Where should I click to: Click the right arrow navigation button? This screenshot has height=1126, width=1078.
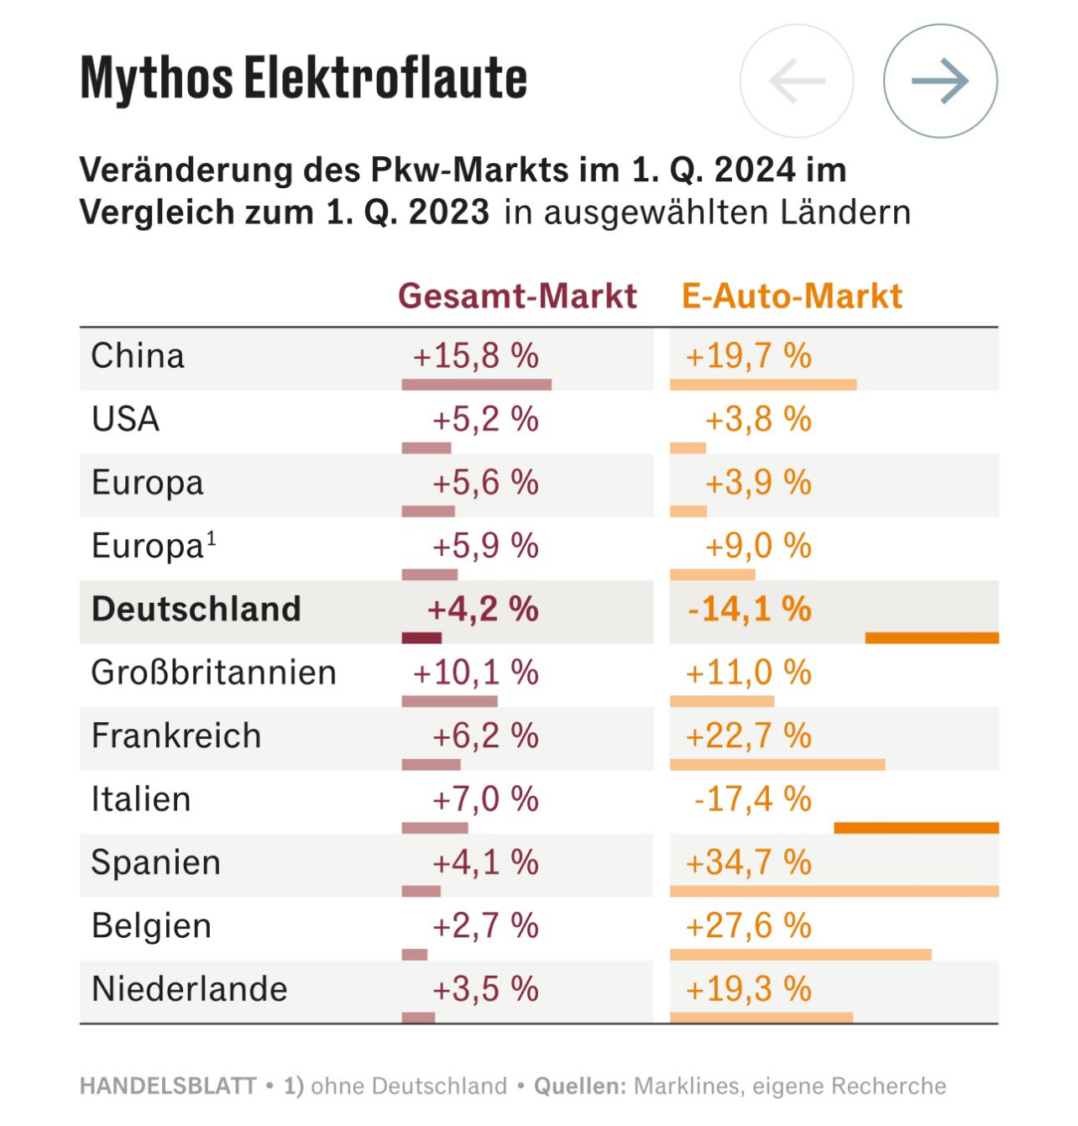pyautogui.click(x=940, y=81)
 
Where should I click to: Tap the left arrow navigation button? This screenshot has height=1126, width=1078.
pyautogui.click(x=797, y=81)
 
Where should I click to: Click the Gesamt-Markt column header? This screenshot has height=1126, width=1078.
pyautogui.click(x=517, y=296)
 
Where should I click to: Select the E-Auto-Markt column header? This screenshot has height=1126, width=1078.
pyautogui.click(x=792, y=296)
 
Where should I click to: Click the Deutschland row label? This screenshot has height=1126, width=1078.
pyautogui.click(x=196, y=610)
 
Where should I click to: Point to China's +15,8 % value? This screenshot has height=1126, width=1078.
pyautogui.click(x=476, y=356)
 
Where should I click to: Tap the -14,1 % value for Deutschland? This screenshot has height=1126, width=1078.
pyautogui.click(x=750, y=610)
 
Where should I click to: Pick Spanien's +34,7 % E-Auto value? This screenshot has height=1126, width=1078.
pyautogui.click(x=749, y=862)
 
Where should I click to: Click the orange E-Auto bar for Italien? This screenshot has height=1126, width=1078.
pyautogui.click(x=916, y=828)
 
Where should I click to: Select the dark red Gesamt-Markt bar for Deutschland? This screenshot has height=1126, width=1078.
pyautogui.click(x=421, y=638)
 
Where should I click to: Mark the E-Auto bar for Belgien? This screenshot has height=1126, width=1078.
pyautogui.click(x=800, y=955)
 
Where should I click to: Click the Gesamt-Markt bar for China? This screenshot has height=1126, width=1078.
pyautogui.click(x=476, y=385)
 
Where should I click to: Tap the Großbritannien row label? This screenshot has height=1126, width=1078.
pyautogui.click(x=214, y=673)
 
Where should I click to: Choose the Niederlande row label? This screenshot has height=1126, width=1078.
pyautogui.click(x=190, y=989)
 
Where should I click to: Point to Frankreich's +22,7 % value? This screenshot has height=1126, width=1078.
pyautogui.click(x=749, y=736)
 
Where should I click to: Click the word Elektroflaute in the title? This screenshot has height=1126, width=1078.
pyautogui.click(x=386, y=79)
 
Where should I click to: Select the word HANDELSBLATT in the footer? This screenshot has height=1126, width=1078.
pyautogui.click(x=168, y=1086)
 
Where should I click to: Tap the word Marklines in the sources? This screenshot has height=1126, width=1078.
pyautogui.click(x=687, y=1086)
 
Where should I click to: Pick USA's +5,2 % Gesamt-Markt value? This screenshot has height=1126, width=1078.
pyautogui.click(x=485, y=419)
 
